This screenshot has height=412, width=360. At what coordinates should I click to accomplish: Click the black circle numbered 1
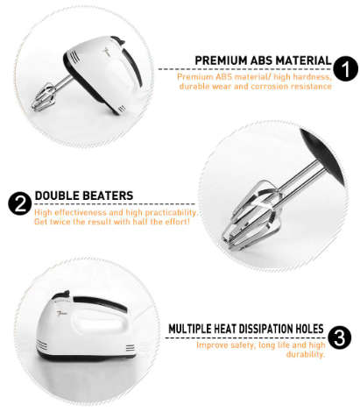(345, 69)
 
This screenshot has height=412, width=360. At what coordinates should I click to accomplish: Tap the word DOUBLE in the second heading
(58, 195)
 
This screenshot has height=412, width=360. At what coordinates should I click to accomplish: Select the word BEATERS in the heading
(109, 195)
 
